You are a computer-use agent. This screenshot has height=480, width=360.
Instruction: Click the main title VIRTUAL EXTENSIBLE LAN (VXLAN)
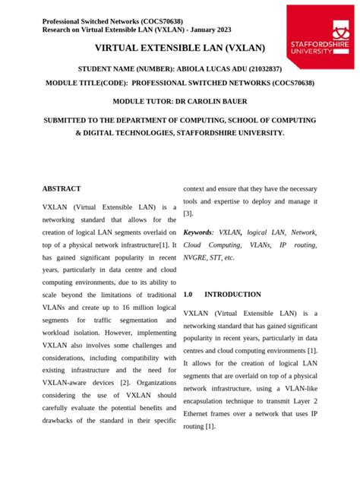coord(179,48)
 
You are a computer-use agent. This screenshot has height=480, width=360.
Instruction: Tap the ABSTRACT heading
coord(62,188)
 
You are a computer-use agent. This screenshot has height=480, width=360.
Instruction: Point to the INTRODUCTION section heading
coord(232,294)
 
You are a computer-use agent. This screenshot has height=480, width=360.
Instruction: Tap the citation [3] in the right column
coord(189,214)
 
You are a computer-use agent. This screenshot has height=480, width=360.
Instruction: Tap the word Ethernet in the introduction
coord(204,413)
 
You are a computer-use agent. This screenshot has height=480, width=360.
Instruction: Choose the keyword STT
coord(219,258)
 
